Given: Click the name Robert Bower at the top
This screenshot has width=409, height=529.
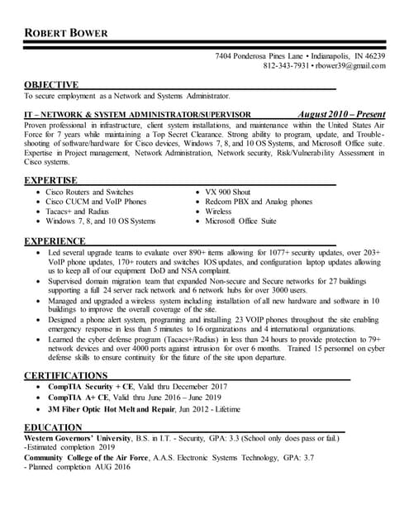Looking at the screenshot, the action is [71, 33].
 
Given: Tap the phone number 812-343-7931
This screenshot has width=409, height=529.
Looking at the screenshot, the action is [287, 66].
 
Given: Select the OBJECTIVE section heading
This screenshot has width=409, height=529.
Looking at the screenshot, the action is [51, 84].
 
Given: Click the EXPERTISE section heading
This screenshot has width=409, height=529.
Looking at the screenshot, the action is [50, 179].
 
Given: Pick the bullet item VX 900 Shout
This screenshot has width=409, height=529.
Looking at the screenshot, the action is [228, 192].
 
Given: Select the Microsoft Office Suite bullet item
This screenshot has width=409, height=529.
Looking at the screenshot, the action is [241, 222].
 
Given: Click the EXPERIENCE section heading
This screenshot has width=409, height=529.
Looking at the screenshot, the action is [55, 241].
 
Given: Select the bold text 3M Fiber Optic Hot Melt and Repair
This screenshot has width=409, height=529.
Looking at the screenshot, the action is [116, 408].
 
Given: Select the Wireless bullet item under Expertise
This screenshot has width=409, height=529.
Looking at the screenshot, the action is [219, 212].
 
